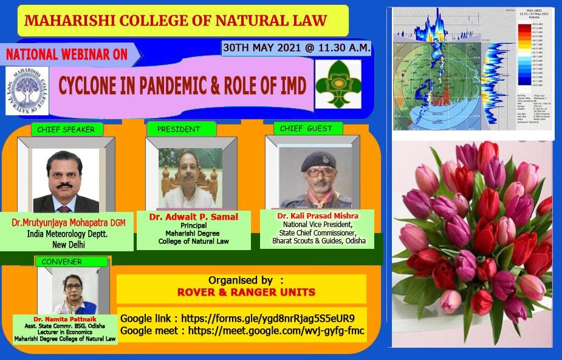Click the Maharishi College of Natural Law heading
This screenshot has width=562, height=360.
[x=176, y=21]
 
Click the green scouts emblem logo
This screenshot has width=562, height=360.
[x=338, y=84]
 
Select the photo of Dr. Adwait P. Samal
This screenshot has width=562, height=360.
[x=191, y=177]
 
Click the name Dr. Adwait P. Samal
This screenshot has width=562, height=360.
[x=194, y=217]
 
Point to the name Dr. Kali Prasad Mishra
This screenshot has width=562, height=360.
[x=318, y=216]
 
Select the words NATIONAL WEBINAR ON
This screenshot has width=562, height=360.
[x=67, y=54]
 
